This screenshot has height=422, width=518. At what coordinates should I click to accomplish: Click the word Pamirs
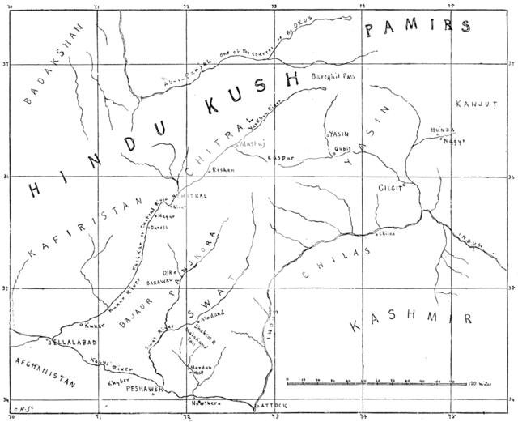pyautogui.click(x=418, y=28)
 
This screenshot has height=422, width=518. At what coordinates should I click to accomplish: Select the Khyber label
pyautogui.click(x=108, y=378)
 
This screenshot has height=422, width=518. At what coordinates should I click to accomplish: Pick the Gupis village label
pyautogui.click(x=344, y=150)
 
